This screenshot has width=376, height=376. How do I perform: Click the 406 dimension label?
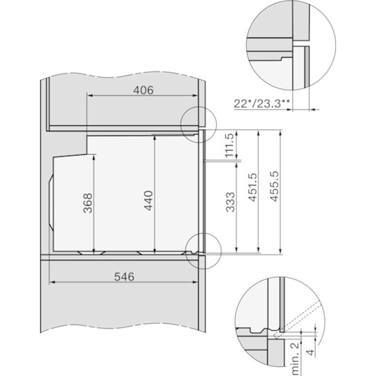click(143, 90)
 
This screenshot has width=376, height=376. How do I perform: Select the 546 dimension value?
click(124, 277)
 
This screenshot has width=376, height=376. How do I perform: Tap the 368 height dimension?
click(88, 203)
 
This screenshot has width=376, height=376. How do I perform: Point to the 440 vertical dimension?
click(149, 200)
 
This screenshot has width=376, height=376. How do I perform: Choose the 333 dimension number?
click(230, 202)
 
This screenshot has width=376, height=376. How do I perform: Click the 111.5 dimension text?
click(230, 145)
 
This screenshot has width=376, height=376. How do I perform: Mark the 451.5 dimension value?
click(252, 187)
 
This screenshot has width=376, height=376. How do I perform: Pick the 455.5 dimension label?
click(274, 186)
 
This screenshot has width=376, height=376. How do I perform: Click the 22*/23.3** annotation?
click(262, 104)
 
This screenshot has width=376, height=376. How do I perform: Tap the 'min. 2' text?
click(295, 359)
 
